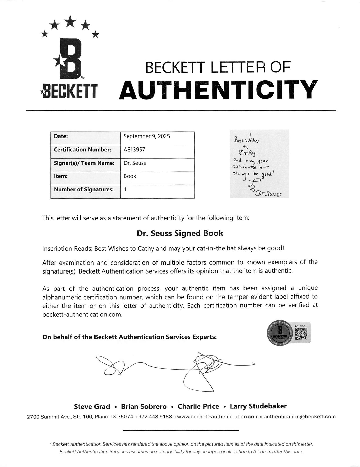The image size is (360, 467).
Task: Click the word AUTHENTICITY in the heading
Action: pyautogui.click(x=218, y=90)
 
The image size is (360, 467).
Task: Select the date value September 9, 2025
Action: pyautogui.click(x=146, y=136)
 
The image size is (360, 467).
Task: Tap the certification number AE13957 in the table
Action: pyautogui.click(x=134, y=150)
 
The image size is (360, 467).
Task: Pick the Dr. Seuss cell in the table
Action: pyautogui.click(x=135, y=163)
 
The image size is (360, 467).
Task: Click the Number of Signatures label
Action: pyautogui.click(x=83, y=190)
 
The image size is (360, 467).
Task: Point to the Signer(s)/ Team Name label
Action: pyautogui.click(x=84, y=163)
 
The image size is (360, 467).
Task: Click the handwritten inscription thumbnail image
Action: pyautogui.click(x=259, y=164)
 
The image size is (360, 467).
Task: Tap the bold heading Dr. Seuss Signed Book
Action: pyautogui.click(x=180, y=233)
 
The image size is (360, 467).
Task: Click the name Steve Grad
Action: pyautogui.click(x=92, y=407)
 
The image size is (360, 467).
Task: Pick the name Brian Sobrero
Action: pyautogui.click(x=144, y=407)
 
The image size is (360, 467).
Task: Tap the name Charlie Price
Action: pyautogui.click(x=198, y=407)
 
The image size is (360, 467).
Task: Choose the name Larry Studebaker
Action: pyautogui.click(x=258, y=406)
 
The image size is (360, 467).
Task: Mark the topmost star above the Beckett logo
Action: pyautogui.click(x=70, y=20)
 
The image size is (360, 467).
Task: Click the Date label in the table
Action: pyautogui.click(x=61, y=136)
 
